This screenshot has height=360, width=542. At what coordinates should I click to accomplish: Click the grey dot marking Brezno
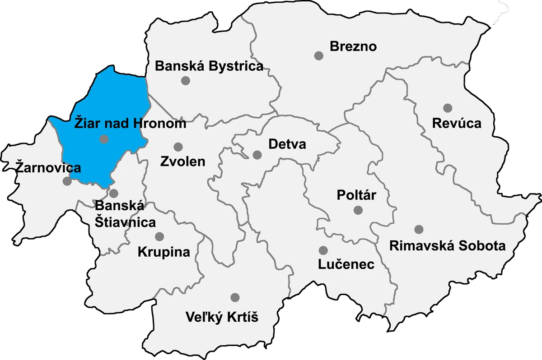[319, 55]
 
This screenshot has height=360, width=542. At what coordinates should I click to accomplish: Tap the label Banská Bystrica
[209, 66]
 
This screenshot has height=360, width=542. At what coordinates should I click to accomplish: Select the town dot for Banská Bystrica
[185, 81]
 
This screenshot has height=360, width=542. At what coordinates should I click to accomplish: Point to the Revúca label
[457, 123]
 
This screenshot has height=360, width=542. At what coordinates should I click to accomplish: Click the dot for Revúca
[448, 108]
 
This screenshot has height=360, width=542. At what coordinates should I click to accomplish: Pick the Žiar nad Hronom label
[130, 123]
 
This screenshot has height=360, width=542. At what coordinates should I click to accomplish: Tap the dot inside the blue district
[104, 139]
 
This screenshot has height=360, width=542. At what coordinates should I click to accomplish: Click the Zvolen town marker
[178, 147]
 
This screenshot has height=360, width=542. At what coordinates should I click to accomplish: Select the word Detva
[287, 144]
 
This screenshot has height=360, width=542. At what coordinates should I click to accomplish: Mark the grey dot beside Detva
[257, 155]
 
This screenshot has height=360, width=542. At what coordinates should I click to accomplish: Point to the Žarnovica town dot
[67, 181]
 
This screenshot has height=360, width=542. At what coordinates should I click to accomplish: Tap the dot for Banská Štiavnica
[114, 194]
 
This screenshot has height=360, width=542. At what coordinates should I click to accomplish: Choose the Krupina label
[164, 252]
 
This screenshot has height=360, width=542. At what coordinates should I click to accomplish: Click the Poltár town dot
[358, 210]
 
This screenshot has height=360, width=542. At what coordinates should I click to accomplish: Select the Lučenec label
[346, 264]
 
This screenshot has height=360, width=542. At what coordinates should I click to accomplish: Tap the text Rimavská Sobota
[447, 246]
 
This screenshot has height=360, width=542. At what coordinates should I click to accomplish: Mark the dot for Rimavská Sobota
[419, 229]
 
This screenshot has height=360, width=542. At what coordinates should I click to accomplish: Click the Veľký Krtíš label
[222, 317]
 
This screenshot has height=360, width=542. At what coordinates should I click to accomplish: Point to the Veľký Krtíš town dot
[235, 297]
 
